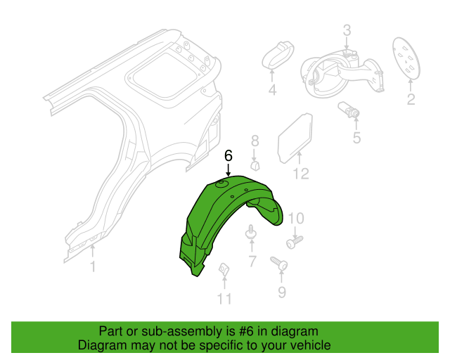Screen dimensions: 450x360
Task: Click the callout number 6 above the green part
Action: tap(228, 156)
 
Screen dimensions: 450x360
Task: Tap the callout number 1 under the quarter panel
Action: tap(93, 266)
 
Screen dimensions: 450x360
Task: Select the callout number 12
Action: tap(301, 174)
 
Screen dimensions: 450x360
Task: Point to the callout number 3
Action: tap(347, 30)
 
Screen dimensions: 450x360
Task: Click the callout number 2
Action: tap(411, 99)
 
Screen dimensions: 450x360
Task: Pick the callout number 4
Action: tap(272, 90)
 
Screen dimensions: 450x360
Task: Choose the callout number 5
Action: tap(356, 138)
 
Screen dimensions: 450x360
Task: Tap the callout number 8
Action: tap(255, 141)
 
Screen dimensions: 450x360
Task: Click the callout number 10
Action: tap(295, 219)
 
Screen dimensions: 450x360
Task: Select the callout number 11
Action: tap(224, 299)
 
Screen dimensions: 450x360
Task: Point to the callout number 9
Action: tap(282, 292)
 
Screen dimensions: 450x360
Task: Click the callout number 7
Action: tap(252, 262)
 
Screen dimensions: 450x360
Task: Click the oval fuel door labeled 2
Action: tap(406, 58)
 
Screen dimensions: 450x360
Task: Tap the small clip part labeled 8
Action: tap(255, 166)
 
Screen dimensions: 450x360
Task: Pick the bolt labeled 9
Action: tap(279, 263)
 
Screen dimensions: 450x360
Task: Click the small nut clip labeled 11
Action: tap(224, 269)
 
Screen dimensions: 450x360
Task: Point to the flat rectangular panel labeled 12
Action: tap(295, 138)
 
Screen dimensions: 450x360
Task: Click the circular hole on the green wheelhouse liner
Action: tap(221, 184)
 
